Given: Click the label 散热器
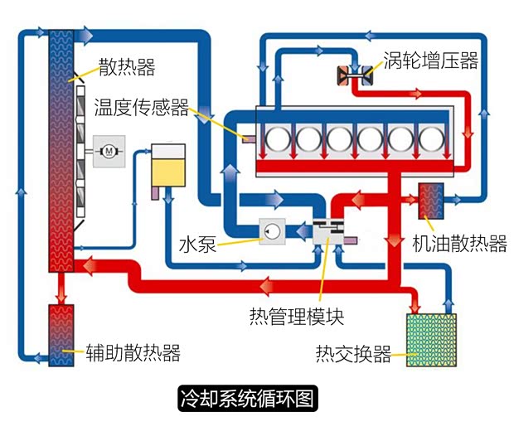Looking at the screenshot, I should click(126, 66).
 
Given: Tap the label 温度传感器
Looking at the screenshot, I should click(141, 108).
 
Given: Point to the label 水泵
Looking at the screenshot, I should click(196, 245).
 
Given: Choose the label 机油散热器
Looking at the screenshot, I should click(459, 244).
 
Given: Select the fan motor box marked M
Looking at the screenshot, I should click(109, 151).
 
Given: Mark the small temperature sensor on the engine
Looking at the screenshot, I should click(246, 137).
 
